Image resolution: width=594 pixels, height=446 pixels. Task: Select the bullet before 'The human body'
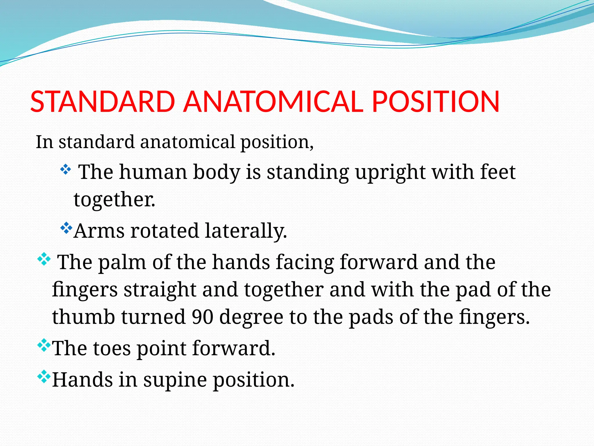(66, 170)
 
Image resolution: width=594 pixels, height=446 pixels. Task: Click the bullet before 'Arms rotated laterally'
(66, 228)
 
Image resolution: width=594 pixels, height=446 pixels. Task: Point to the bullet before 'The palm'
(44, 259)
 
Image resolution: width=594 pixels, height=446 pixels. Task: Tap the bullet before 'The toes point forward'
(44, 345)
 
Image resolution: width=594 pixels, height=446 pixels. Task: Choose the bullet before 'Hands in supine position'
(44, 377)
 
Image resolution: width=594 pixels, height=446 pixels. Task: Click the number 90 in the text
(203, 316)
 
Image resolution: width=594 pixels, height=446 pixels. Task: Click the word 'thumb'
(84, 316)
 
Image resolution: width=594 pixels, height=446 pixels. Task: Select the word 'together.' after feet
(114, 200)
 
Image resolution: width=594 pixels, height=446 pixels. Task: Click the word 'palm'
(122, 262)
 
